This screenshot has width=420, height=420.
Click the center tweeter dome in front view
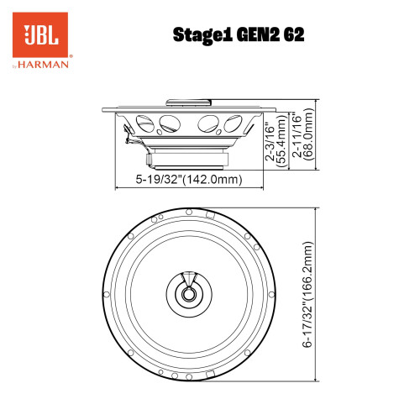point(190,293)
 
